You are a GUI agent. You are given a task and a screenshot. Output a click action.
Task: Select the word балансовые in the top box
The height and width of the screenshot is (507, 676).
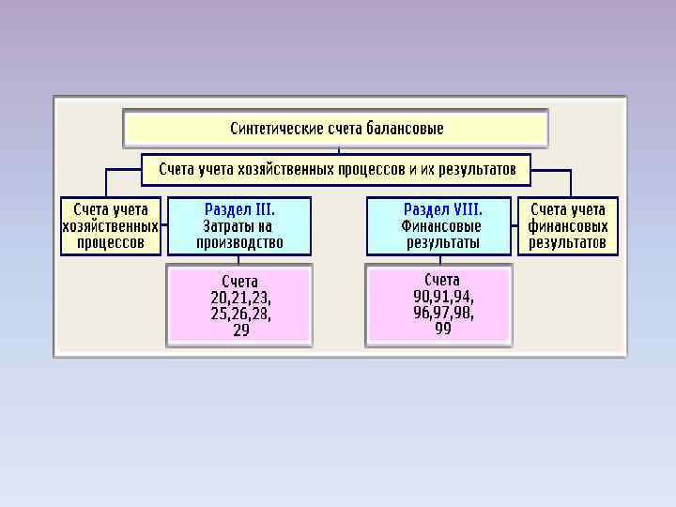407,128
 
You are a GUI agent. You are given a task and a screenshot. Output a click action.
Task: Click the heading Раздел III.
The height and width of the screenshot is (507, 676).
239,209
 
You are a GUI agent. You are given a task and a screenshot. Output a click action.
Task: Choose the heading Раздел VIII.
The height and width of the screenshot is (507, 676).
443,209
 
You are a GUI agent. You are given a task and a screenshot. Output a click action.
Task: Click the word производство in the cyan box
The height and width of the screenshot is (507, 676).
239,242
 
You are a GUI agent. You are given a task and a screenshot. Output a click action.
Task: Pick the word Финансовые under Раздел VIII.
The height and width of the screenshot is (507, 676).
441,226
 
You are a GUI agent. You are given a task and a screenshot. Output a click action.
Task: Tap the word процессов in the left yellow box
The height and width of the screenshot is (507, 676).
111,242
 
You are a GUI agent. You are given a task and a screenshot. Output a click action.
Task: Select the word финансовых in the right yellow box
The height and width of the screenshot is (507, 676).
568,226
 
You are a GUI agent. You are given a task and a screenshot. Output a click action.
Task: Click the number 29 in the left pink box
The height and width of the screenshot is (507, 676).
241,330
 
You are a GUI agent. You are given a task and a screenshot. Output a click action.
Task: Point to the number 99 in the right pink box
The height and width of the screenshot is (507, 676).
443,329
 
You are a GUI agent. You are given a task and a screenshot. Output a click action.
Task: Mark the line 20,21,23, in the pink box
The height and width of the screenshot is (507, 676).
241,298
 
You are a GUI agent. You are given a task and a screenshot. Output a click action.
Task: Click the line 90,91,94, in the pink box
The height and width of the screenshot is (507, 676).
443,296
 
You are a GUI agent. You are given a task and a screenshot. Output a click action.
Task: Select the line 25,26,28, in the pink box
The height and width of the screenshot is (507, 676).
241,315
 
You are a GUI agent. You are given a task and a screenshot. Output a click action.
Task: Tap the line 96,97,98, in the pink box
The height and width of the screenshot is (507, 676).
443,313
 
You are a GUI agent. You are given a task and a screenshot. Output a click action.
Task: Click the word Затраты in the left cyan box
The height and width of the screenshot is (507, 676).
223,226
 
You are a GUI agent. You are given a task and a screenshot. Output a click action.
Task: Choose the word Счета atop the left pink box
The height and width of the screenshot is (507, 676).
239,281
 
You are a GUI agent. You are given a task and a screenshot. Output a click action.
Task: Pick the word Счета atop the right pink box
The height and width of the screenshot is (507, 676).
442,280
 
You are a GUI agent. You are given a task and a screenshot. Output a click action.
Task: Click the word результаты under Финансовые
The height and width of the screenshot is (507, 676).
443,242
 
